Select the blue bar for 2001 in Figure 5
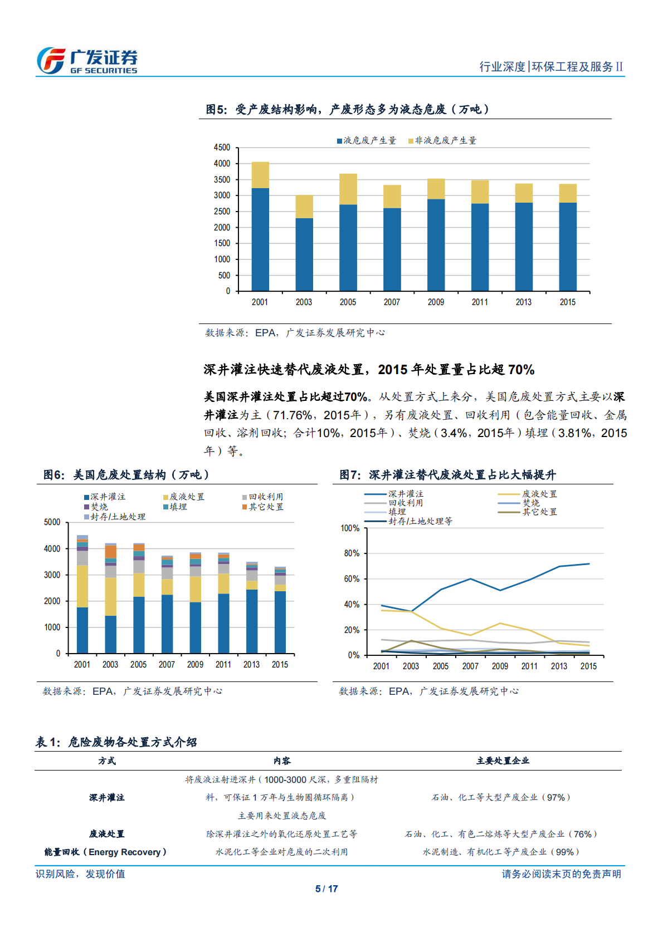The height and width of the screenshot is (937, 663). pos(260,239)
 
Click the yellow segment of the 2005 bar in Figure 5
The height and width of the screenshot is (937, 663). pos(348,189)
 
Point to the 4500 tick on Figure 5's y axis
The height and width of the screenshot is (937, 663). pos(222,148)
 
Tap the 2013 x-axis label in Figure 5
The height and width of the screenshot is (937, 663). pos(523,302)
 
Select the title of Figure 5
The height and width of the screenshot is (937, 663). pos(348,109)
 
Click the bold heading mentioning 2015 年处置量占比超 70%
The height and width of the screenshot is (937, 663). pos(369,370)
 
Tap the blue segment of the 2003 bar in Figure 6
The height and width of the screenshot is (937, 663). pos(110,634)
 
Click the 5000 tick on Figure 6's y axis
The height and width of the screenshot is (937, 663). pos(52,522)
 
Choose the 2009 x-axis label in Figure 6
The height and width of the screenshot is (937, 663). pos(195,665)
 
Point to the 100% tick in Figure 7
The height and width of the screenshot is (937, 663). pos(350,528)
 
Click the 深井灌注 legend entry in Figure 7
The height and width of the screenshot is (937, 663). pos(406,494)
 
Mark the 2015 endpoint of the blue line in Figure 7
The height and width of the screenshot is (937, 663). pos(589,564)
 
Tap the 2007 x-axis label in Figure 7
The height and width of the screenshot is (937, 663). pos(470,666)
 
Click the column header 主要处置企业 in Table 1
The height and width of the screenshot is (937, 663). pos(503,761)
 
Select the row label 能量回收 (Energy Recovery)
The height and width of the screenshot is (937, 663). pos(106,852)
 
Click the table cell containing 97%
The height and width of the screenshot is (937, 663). pos(501,797)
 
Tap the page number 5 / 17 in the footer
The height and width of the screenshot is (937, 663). pos(326,889)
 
